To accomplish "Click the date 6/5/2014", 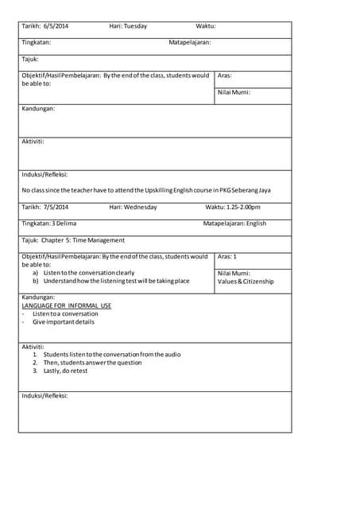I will tap(56, 26).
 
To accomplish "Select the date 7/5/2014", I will tap(56, 207).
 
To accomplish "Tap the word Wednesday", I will tap(141, 207).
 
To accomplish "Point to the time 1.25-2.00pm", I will tap(243, 207).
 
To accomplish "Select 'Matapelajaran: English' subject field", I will tap(234, 223).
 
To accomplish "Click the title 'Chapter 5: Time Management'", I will tap(83, 240).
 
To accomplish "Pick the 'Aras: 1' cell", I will tap(227, 257).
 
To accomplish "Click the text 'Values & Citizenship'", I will tap(246, 282).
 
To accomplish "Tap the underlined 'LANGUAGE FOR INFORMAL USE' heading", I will tap(67, 305).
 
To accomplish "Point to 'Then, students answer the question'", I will tap(92, 363).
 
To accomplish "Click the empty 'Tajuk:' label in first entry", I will tap(30, 59).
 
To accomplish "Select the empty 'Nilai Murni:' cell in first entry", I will tap(234, 92).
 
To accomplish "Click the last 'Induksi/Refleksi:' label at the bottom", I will tap(45, 395).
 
